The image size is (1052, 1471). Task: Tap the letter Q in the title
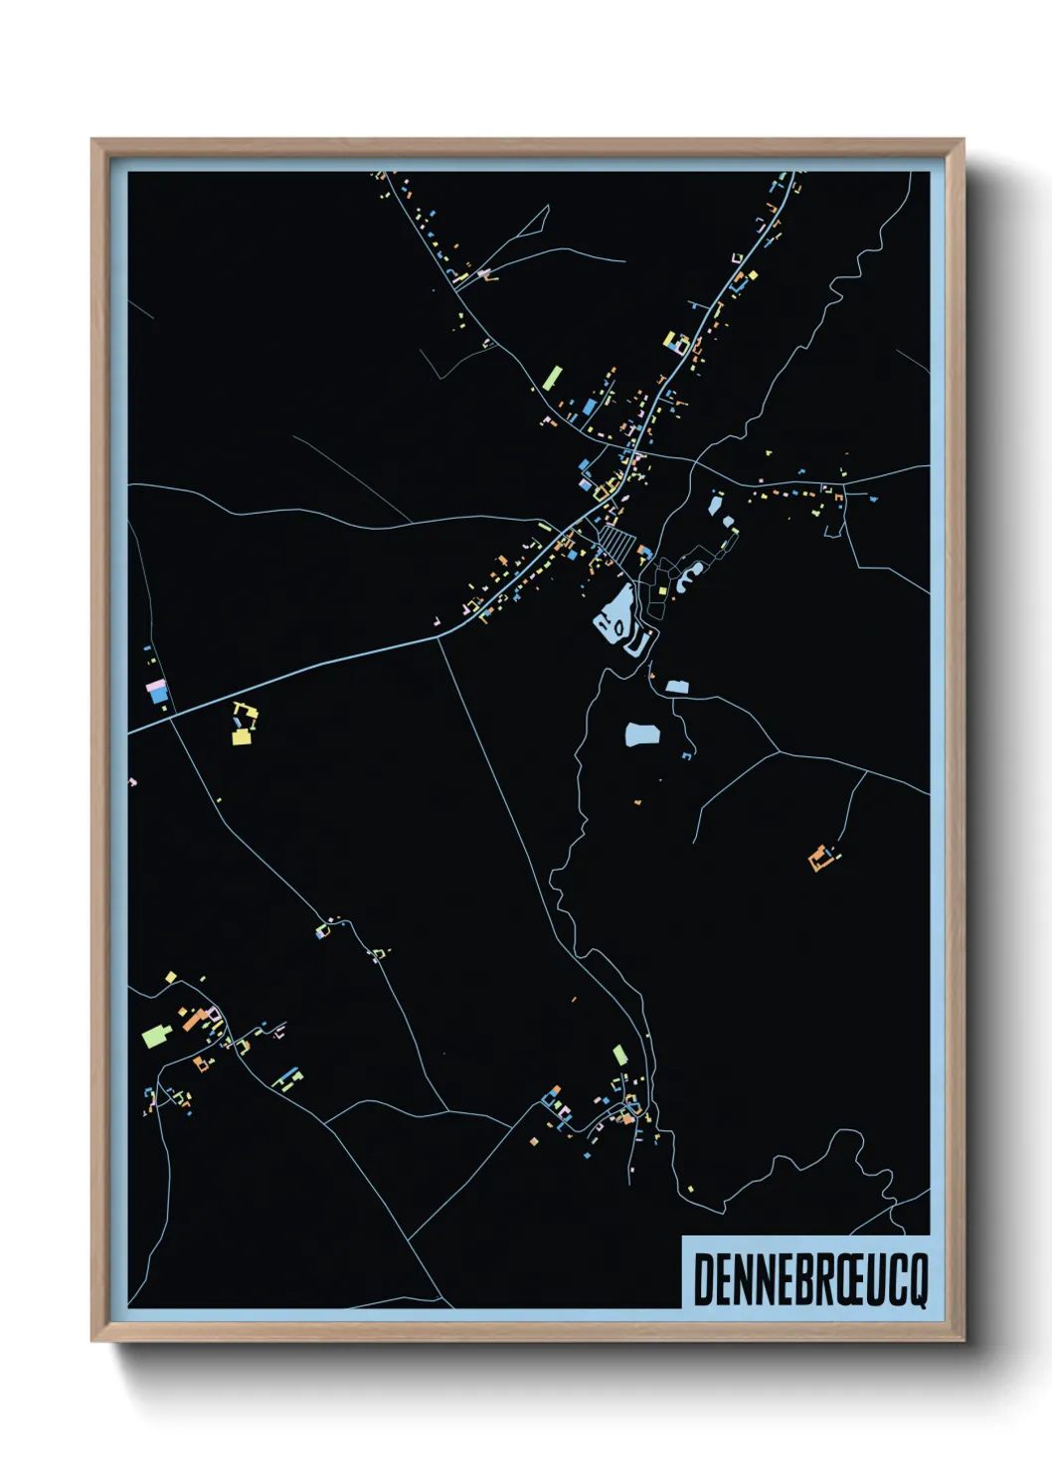click(916, 1281)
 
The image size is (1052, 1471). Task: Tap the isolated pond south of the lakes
click(642, 735)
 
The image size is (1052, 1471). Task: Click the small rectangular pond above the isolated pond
click(677, 686)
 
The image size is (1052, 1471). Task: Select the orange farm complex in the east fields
click(819, 857)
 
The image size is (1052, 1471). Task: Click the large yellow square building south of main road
click(241, 736)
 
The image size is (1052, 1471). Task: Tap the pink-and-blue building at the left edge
click(157, 690)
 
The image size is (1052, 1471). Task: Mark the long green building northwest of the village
click(552, 378)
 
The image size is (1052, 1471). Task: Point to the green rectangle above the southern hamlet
click(620, 1055)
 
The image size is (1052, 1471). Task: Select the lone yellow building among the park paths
click(661, 590)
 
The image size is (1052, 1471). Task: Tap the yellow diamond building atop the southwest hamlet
click(171, 978)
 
